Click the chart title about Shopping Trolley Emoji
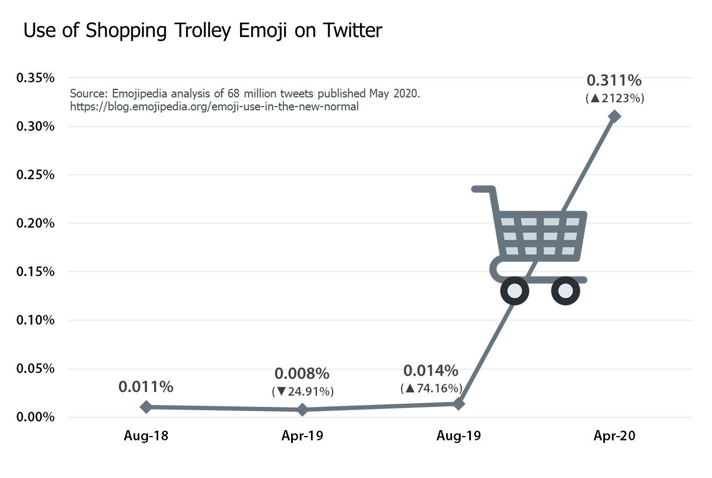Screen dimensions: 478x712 pos(202,31)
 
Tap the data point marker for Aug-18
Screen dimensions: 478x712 pos(146,407)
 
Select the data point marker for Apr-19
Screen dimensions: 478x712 pos(302,410)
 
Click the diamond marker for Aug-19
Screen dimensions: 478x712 pos(459,404)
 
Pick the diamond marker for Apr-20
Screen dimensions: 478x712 pos(615,116)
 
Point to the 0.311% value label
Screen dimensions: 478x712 pos(614,81)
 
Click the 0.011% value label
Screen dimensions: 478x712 pos(146,386)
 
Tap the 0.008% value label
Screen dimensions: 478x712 pos(302,374)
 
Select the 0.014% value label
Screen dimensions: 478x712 pos(431,370)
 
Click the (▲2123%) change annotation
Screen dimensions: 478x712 pos(614,99)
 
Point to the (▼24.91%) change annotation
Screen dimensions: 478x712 pos(302,391)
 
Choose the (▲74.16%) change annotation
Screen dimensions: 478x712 pos(431,388)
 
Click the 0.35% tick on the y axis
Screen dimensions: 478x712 pos(36,78)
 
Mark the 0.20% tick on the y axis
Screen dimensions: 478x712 pos(36,223)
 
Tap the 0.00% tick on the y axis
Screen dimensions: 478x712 pos(36,417)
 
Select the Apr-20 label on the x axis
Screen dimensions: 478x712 pos(614,436)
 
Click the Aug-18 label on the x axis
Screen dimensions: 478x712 pos(146,436)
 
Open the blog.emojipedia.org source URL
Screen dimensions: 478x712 pos(214,107)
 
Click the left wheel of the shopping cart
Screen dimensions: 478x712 pos(514,291)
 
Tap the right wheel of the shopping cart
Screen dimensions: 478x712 pos(566,291)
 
